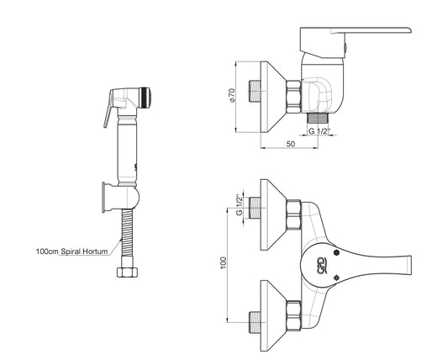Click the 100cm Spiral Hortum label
tap(72, 251)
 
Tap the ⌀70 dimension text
tap(232, 95)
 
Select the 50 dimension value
tap(290, 144)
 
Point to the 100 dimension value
tap(223, 262)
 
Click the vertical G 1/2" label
tap(240, 204)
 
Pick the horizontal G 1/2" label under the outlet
tap(319, 131)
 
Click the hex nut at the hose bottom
tap(128, 273)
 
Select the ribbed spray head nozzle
tap(145, 98)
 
